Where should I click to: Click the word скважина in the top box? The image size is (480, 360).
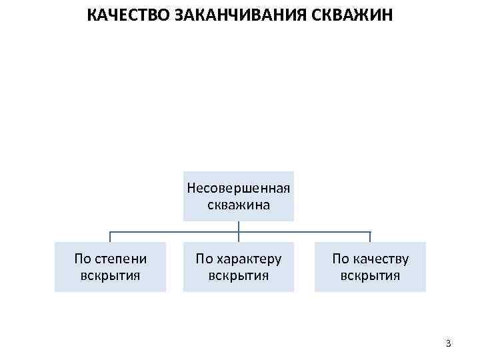click(239, 205)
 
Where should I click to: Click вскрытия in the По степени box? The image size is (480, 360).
click(110, 275)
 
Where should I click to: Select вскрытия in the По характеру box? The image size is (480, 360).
click(239, 275)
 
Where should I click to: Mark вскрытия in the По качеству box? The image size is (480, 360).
click(370, 275)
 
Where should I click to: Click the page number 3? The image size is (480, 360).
click(448, 344)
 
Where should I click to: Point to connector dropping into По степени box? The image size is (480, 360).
click(110, 237)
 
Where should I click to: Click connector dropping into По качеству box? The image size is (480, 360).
click(370, 237)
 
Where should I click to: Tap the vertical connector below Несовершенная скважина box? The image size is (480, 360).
click(239, 227)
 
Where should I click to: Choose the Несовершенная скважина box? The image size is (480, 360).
click(239, 196)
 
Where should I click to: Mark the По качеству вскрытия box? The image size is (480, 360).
click(370, 267)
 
